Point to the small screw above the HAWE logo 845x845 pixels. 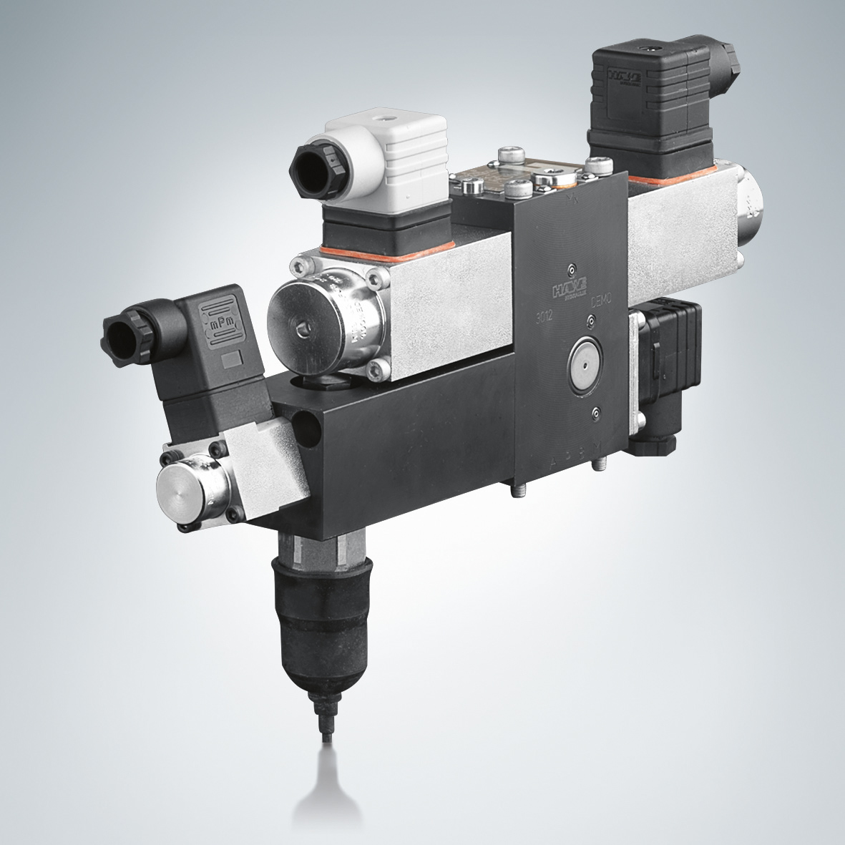(x=570, y=269)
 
